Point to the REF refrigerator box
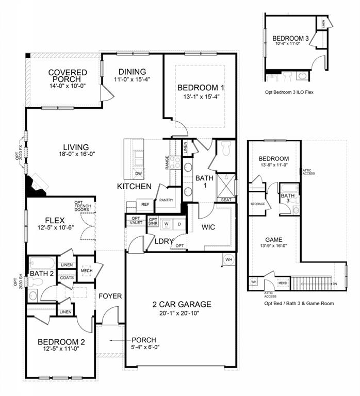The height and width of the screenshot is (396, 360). [x=145, y=204]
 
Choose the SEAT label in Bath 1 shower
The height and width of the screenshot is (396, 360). [x=225, y=200]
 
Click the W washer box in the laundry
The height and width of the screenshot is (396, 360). [x=166, y=224]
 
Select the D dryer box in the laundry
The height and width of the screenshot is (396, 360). [x=178, y=224]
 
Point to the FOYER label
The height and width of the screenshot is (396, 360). [x=110, y=296]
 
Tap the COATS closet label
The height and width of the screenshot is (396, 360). [x=67, y=278]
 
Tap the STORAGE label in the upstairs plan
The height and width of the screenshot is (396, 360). [x=258, y=204]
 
